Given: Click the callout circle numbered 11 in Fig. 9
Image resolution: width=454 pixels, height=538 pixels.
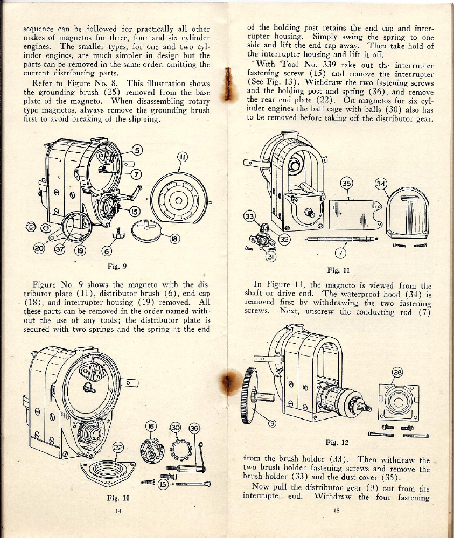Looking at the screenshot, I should tap(182, 158).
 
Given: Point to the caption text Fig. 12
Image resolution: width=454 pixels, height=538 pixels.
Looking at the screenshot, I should tap(338, 442).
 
